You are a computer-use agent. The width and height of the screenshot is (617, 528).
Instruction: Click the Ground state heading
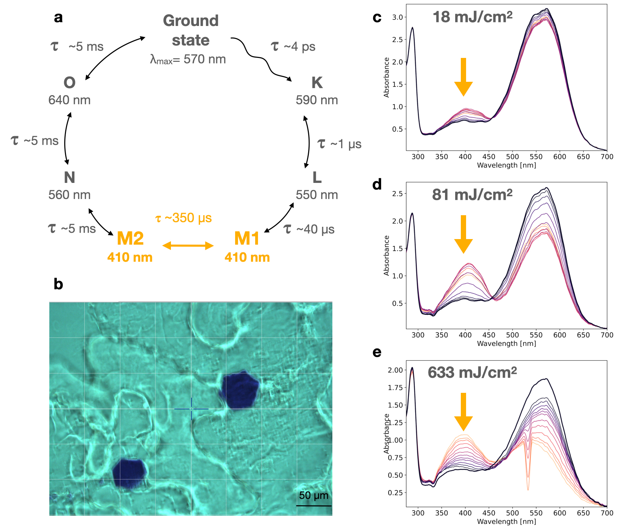[x=191, y=31]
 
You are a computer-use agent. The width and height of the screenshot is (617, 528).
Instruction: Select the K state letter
[x=317, y=83]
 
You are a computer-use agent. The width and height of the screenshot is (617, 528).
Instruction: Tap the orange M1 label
[x=247, y=239]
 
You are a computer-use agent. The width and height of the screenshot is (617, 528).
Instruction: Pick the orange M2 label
[x=130, y=239]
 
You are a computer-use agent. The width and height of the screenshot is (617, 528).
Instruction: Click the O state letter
[x=69, y=83]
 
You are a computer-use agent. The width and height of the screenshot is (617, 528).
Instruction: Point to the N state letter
[x=69, y=178]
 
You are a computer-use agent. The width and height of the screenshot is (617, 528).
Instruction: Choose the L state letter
[x=317, y=178]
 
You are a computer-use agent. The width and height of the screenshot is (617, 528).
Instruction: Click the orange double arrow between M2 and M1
[x=188, y=245]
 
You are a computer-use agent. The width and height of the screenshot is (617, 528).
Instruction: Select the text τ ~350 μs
[x=184, y=218]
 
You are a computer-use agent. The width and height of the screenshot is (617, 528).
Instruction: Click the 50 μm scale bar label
[x=314, y=495]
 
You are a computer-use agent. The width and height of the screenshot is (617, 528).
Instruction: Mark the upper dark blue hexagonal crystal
[x=239, y=390]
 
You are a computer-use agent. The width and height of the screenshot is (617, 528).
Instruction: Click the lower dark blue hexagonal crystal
[x=130, y=473]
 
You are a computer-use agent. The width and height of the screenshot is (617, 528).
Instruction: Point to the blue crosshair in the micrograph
[x=191, y=409]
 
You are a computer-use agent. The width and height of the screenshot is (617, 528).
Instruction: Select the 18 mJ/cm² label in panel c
[x=472, y=17]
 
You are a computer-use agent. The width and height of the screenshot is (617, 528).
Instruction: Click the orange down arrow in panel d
[x=463, y=234]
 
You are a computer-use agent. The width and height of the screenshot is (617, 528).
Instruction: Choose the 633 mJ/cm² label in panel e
[x=472, y=372]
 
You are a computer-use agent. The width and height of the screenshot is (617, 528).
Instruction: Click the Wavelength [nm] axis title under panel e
[x=506, y=522]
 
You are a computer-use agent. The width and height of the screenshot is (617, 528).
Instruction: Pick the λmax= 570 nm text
[x=188, y=59]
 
